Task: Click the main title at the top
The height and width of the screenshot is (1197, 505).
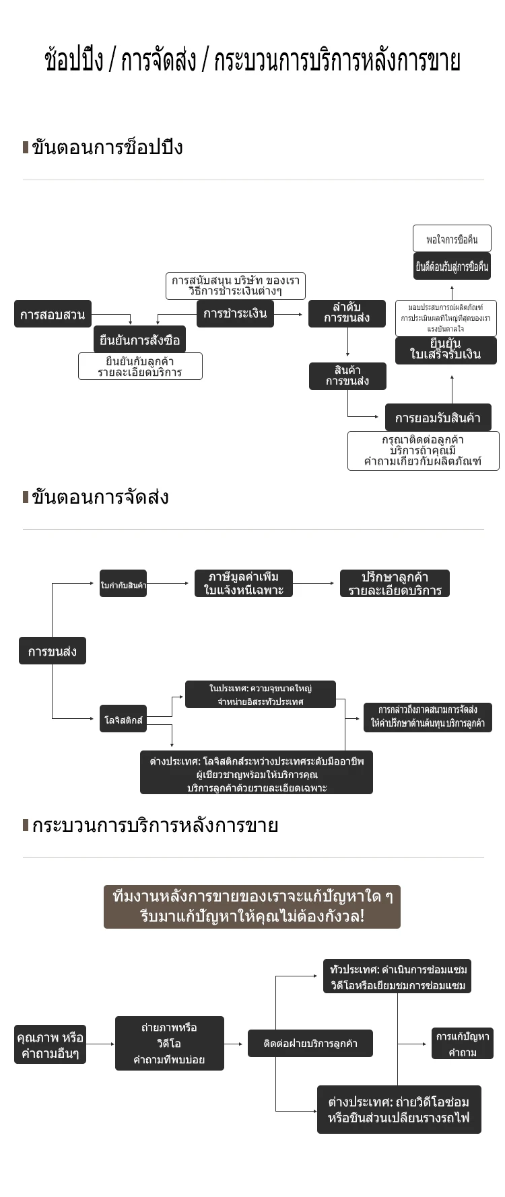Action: [x=252, y=61]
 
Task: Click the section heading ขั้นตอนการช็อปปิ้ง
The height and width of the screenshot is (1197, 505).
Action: [x=107, y=147]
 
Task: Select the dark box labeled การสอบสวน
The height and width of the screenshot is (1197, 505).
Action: [x=53, y=314]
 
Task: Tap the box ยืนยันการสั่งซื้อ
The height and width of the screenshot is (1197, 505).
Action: [x=139, y=340]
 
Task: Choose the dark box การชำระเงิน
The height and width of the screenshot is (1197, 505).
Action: [x=235, y=313]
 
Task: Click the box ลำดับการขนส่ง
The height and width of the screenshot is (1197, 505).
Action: [x=347, y=313]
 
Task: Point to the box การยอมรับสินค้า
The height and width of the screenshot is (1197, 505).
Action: [x=438, y=418]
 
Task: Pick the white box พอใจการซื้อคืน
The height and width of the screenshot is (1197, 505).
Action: [x=452, y=239]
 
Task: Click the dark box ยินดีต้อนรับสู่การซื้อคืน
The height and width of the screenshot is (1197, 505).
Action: [x=452, y=266]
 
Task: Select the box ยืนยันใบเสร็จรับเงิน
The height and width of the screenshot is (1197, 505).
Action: [x=446, y=350]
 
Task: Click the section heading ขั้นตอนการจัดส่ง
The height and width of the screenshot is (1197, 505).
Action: [x=100, y=498]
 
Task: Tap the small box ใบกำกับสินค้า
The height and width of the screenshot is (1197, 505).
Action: [x=123, y=584]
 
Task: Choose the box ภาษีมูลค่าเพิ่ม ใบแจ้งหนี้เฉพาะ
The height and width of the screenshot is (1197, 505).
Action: [x=243, y=584]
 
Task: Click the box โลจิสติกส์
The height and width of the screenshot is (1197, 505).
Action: [x=123, y=720]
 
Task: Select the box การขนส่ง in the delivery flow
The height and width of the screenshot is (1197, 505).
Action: [x=53, y=651]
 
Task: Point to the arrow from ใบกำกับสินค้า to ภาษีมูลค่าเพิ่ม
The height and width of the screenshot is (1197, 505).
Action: [x=168, y=584]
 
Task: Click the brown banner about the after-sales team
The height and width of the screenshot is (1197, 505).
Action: [x=252, y=906]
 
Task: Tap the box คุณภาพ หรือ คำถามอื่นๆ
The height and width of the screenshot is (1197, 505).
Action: [x=50, y=1045]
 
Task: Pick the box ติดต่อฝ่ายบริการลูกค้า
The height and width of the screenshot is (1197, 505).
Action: [x=310, y=1044]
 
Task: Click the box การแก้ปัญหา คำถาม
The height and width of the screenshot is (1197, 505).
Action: [x=463, y=1044]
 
